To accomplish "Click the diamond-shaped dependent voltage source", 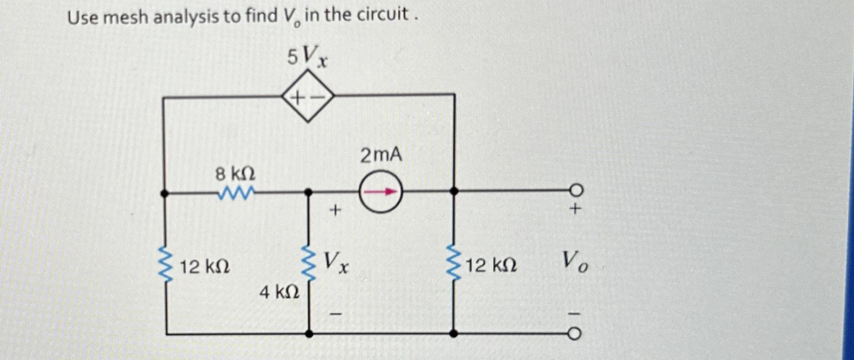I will (x=308, y=96).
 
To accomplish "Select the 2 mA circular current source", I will (x=380, y=192).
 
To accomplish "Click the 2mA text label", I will (x=381, y=155).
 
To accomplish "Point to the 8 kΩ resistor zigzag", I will (x=236, y=192).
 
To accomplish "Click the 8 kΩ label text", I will (x=235, y=175).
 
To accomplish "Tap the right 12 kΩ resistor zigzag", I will (x=454, y=263).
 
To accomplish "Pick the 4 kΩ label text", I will (x=279, y=292).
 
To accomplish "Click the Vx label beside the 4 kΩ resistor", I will (x=336, y=262).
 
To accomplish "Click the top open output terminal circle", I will (x=576, y=191).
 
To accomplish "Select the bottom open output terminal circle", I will (x=574, y=334).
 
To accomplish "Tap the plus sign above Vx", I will (x=335, y=210).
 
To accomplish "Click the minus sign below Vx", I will (x=336, y=314).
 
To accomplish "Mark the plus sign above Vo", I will (x=574, y=209).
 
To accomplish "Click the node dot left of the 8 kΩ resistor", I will (x=164, y=193).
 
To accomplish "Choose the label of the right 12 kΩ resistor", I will (x=491, y=266).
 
